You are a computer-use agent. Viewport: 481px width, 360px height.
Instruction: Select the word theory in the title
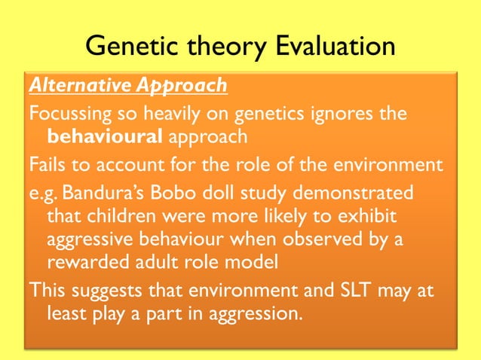[225, 47]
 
